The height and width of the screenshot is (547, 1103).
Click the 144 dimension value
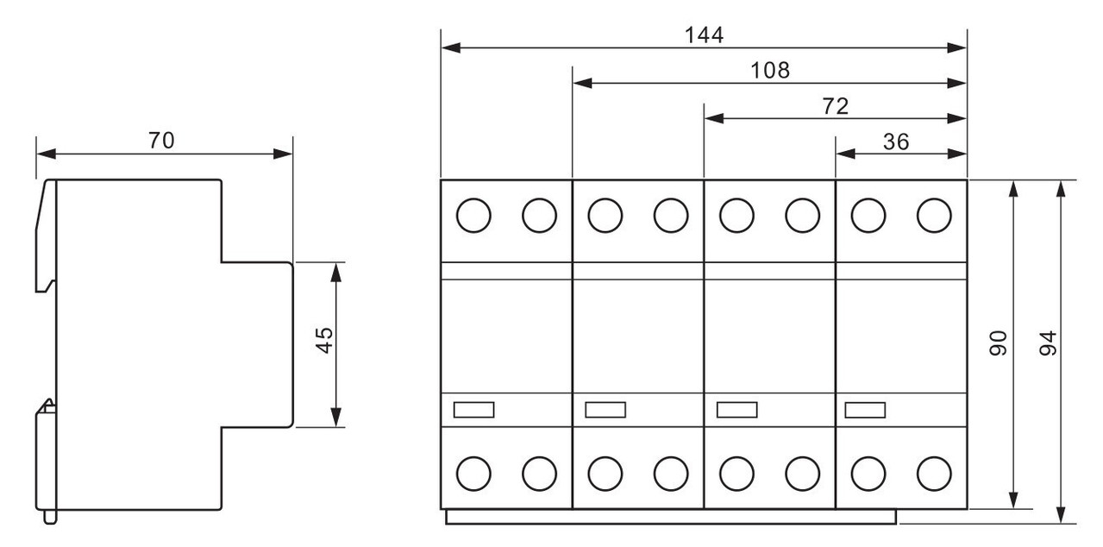coord(705,35)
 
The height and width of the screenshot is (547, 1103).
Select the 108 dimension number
coord(770,71)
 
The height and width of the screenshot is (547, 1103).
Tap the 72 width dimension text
coord(836,106)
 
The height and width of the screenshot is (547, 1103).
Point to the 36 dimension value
coord(896,141)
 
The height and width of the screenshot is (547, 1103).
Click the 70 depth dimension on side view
coord(161,141)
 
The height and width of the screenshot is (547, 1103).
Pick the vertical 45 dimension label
coord(324,340)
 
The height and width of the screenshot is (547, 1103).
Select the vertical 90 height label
coord(998,343)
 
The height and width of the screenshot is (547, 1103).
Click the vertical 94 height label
coord(1048,343)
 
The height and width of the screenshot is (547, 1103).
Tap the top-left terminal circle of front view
coord(473,216)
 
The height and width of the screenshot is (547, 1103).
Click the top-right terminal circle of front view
coord(934,216)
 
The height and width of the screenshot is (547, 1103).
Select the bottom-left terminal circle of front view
coord(473,474)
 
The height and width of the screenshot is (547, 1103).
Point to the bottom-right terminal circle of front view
coord(934,474)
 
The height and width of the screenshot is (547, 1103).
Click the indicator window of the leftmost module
coord(473,410)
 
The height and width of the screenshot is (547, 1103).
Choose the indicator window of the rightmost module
coord(865,410)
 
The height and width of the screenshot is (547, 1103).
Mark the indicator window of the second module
coord(605,410)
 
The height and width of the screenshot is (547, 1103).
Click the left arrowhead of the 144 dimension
coord(451,47)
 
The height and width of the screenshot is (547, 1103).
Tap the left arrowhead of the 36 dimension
coord(845,154)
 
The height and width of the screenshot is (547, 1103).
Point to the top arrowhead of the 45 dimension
coord(335,273)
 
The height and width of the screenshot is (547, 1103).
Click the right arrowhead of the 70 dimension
coord(283,154)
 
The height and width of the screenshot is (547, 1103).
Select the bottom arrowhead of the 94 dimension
coord(1062,514)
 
